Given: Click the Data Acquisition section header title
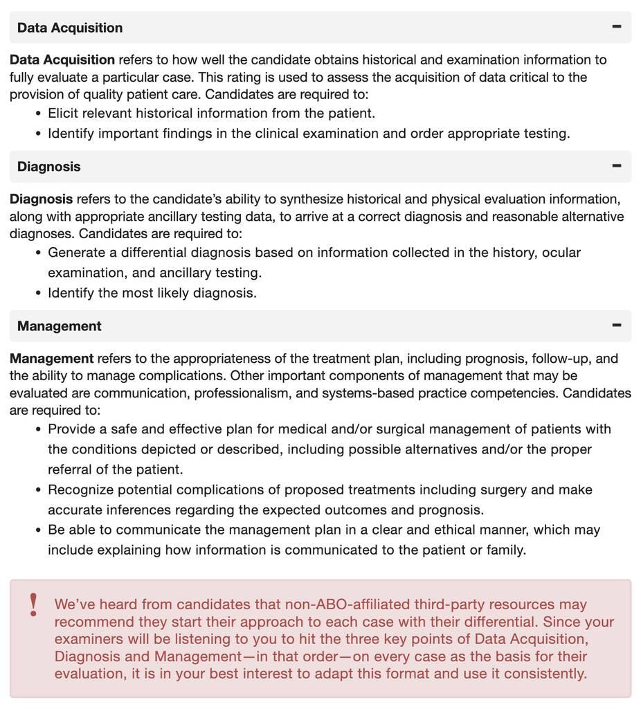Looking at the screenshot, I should [x=70, y=28].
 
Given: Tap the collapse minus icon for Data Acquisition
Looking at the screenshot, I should [x=617, y=27].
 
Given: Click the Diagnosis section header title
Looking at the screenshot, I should [x=48, y=167].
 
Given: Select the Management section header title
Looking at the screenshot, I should [x=60, y=326].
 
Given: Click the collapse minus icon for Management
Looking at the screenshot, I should [x=617, y=325].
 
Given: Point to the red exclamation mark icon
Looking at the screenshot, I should [x=33, y=605].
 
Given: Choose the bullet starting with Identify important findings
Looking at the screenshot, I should [x=308, y=134].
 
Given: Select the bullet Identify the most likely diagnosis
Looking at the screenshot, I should [x=152, y=293].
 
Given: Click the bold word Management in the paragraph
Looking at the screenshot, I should [x=52, y=359].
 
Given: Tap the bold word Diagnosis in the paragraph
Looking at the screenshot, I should [x=41, y=199].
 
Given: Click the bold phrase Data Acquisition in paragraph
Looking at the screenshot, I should [x=62, y=60].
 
